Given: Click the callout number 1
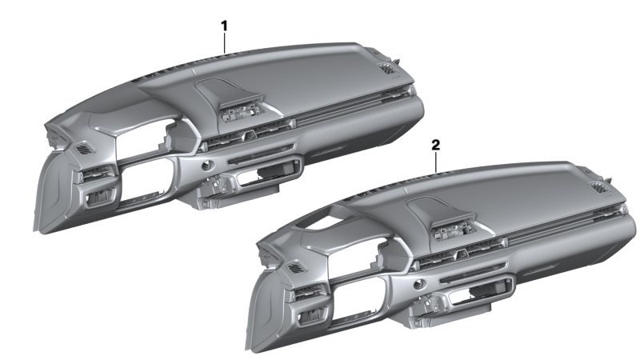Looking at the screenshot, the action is pos(224,26).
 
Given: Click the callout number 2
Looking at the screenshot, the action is pos(436,145).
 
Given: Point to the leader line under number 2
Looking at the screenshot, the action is pos(436,162).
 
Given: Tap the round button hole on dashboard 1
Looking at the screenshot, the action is pos(207,166).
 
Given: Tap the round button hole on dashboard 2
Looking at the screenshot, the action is pos(418,285).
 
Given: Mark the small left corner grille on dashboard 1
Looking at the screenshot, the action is pos(85,149).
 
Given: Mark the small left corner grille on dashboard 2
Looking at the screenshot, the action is pos(297,268).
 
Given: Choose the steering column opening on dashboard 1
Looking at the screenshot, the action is pos(147,178).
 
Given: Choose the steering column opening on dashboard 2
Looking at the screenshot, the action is pos(358,298).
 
